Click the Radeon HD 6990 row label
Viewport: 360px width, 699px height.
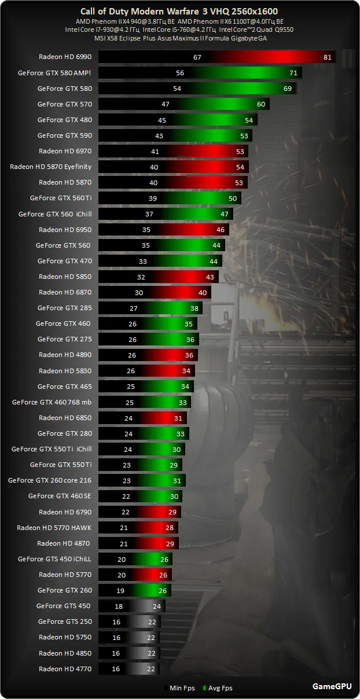[x=65, y=57]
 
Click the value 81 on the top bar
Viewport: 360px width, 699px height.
[x=328, y=57]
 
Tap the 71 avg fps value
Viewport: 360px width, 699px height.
[x=293, y=73]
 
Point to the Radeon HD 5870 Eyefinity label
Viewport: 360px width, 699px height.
[x=50, y=167]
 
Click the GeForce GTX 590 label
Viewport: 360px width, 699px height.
[x=64, y=135]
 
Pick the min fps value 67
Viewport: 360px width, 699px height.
[x=197, y=57]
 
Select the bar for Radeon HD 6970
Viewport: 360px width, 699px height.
[x=174, y=151]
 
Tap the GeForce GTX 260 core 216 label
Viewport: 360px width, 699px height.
[x=49, y=480]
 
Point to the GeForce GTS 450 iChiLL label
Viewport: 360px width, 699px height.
[x=54, y=559]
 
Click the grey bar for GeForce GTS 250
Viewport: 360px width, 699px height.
[x=130, y=621]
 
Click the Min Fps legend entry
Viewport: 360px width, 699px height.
[x=180, y=688]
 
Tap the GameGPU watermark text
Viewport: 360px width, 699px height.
[x=331, y=687]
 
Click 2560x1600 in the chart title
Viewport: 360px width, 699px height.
[x=259, y=12]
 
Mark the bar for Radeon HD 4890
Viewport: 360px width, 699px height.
[x=148, y=355]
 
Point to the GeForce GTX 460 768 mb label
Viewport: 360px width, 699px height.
[x=52, y=402]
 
